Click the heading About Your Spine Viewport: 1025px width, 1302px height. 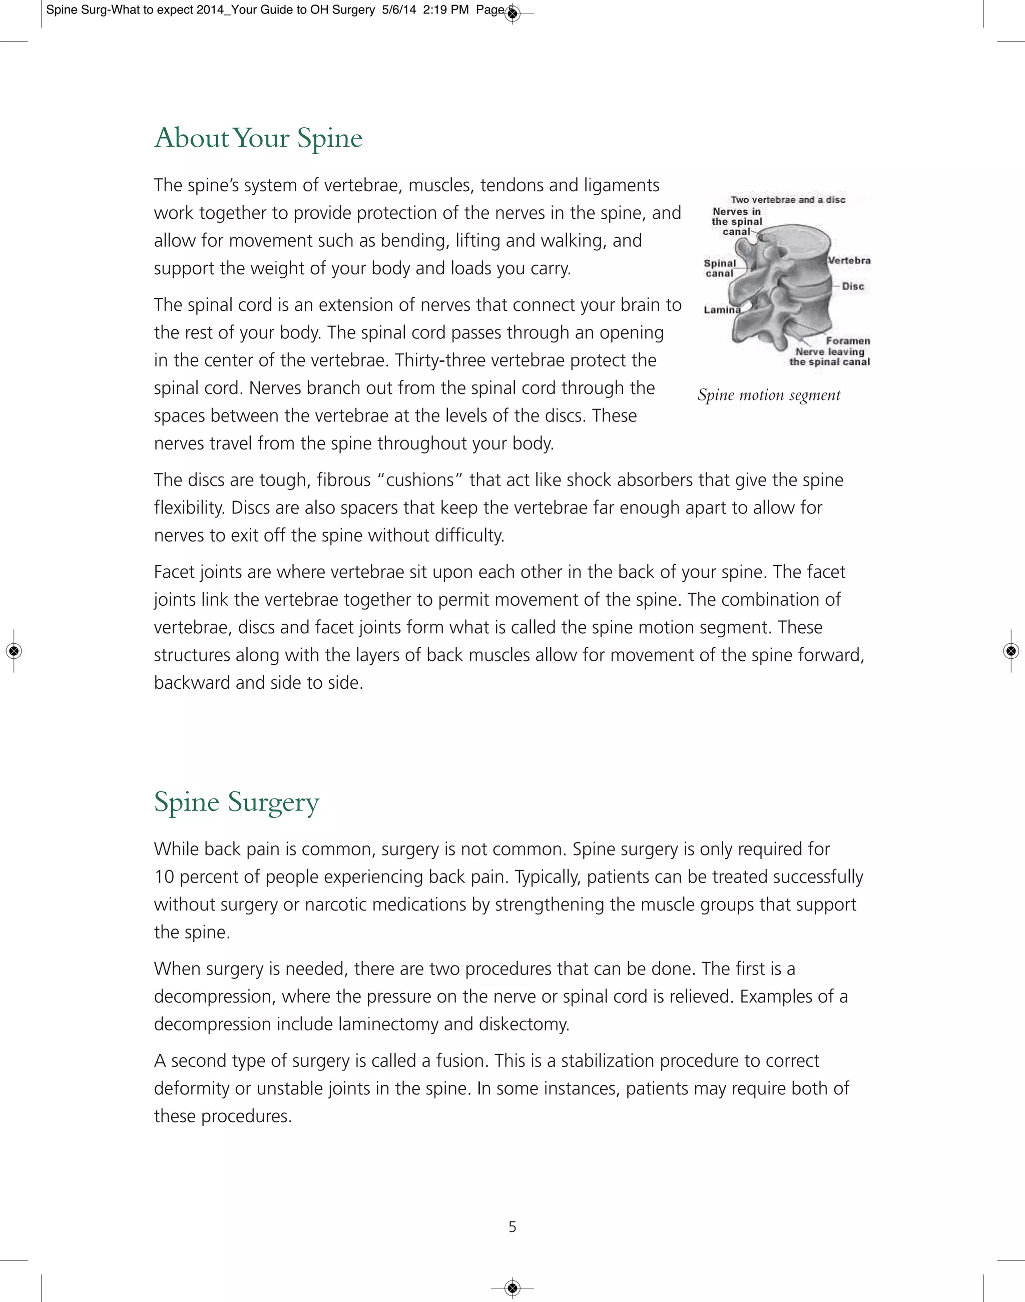tap(258, 138)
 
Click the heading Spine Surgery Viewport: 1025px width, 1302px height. tap(236, 802)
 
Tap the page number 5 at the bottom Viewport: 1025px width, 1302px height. tap(512, 1227)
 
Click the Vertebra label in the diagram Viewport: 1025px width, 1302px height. tap(849, 260)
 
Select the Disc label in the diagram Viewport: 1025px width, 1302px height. tap(853, 286)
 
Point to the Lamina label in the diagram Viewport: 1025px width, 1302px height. tap(721, 310)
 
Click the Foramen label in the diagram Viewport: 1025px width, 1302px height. tap(847, 341)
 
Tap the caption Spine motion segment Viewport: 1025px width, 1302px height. tap(768, 395)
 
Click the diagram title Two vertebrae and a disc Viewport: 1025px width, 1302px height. tap(787, 200)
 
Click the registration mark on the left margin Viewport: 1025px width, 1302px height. tap(14, 651)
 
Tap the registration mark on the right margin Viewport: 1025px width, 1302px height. tap(1010, 651)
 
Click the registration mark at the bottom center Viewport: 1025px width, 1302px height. tap(512, 1288)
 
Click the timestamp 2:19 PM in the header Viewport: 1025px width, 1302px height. tap(445, 10)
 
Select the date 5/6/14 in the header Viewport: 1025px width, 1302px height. tap(398, 10)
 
